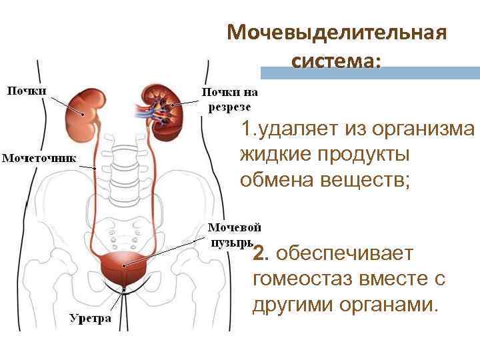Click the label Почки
coord(27,90)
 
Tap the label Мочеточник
coord(39,158)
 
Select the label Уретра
coord(91,318)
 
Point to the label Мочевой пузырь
coord(232,233)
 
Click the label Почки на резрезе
coord(229,99)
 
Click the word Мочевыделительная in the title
coord(336,32)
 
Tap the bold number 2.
coord(260,253)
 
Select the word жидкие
coord(274,153)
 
